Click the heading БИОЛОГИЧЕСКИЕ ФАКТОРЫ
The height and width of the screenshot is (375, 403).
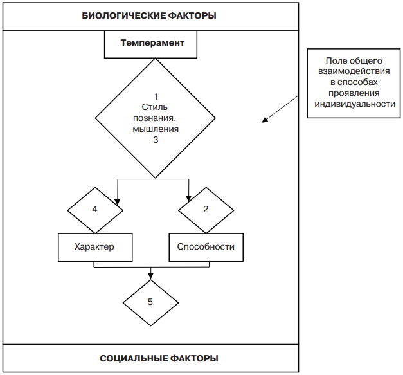click(x=149, y=15)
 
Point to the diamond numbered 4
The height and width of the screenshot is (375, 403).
click(x=94, y=210)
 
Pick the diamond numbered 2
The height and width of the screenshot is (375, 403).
click(x=205, y=210)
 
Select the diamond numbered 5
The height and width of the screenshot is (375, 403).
click(x=150, y=302)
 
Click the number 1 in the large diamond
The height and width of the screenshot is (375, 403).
click(x=156, y=96)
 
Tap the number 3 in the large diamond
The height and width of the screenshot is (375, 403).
click(x=156, y=139)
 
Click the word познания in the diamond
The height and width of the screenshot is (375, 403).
click(x=156, y=118)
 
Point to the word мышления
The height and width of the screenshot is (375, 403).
click(x=156, y=129)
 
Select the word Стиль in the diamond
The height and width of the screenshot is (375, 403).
click(x=156, y=107)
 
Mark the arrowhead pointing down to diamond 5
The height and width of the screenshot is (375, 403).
click(x=151, y=277)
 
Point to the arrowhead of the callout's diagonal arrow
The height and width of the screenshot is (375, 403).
click(x=264, y=120)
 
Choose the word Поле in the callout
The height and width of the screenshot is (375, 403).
click(x=336, y=62)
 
